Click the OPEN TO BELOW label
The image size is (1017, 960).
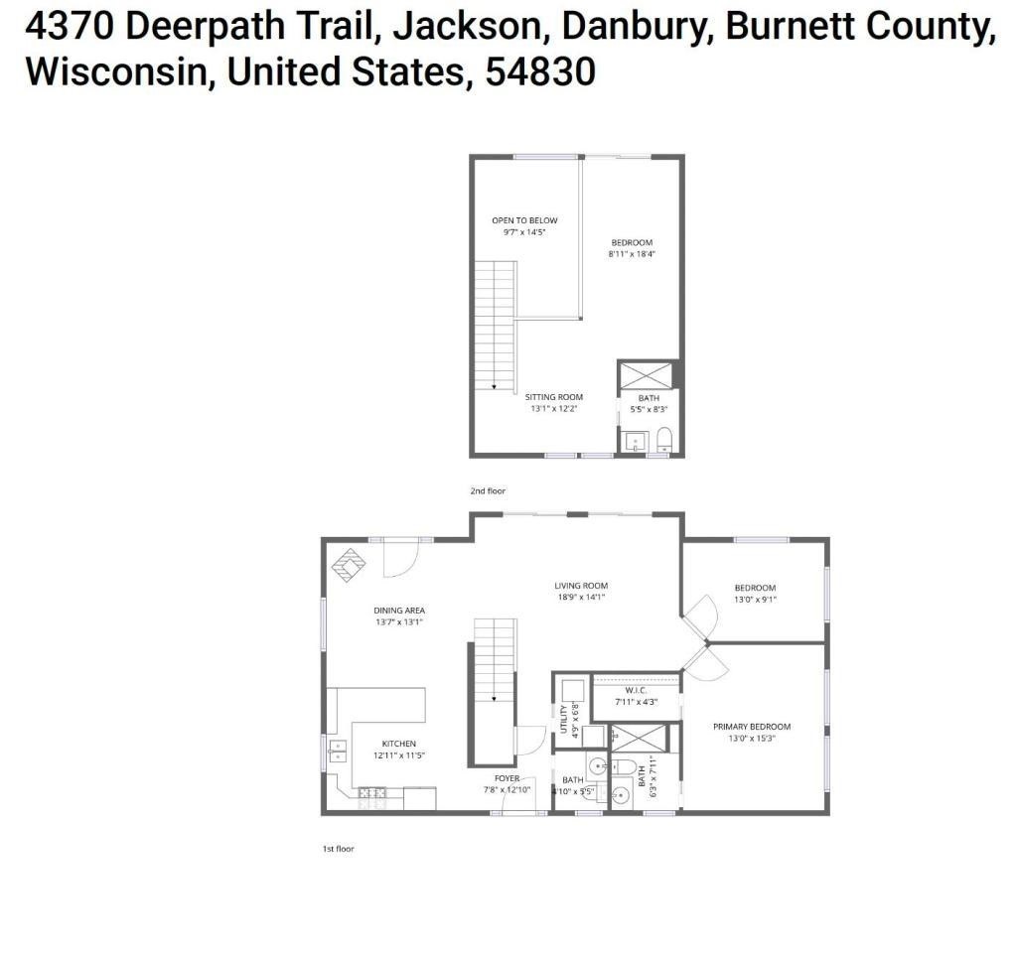click(x=524, y=220)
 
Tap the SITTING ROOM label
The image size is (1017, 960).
click(x=554, y=397)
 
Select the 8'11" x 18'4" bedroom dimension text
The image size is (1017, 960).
click(x=632, y=254)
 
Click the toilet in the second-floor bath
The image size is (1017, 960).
click(x=664, y=439)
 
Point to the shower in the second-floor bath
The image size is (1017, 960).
click(x=647, y=375)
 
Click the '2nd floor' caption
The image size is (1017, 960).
click(x=488, y=491)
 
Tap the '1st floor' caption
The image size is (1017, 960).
click(x=338, y=849)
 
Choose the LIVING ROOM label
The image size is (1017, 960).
click(x=581, y=586)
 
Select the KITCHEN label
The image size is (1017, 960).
click(x=399, y=744)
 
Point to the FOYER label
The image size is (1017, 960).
click(x=508, y=778)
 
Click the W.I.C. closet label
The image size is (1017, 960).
click(x=637, y=690)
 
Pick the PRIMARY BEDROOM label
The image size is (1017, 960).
click(x=752, y=727)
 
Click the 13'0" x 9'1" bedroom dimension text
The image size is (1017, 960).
click(x=755, y=600)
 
